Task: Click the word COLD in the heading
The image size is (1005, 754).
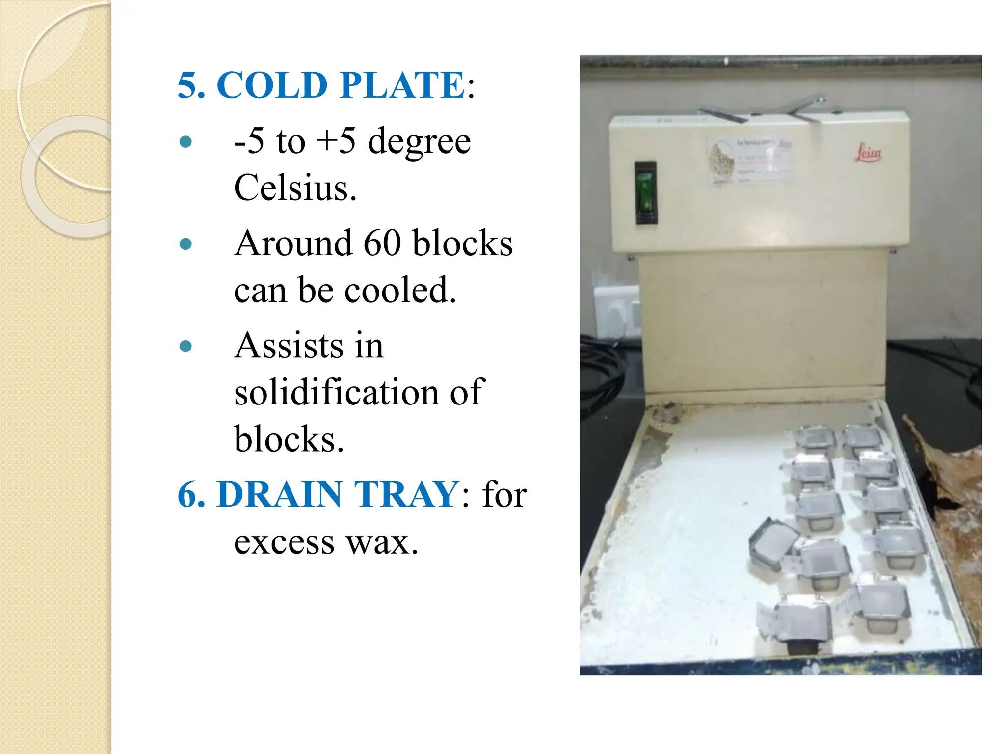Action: tap(272, 85)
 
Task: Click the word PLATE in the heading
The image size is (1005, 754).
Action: tap(402, 85)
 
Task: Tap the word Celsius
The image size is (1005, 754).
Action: tap(295, 188)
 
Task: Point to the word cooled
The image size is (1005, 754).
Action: tap(400, 290)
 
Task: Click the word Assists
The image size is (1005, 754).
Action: tap(289, 346)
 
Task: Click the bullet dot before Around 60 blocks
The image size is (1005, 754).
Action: tap(185, 244)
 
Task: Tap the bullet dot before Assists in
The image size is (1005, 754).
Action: tap(185, 347)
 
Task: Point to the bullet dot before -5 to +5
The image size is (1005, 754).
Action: tap(185, 142)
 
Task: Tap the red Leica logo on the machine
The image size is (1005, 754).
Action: tap(868, 153)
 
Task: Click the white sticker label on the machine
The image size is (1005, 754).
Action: tap(750, 162)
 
